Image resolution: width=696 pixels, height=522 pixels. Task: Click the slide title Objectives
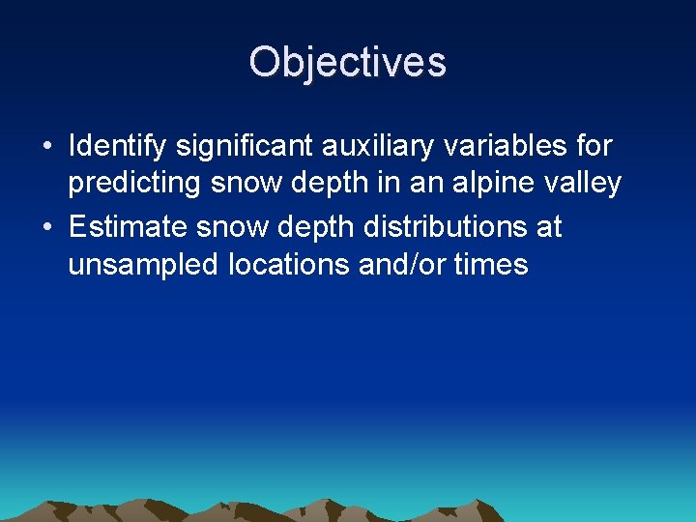pos(347,62)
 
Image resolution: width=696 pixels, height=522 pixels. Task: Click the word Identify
pos(118,146)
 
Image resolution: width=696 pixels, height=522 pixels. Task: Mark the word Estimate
pos(128,227)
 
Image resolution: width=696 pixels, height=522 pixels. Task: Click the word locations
pos(290,264)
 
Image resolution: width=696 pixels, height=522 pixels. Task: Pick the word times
pos(493,264)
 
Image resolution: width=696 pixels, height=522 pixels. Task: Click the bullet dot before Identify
pos(47,147)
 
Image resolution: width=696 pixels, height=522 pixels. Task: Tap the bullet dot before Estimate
pos(47,228)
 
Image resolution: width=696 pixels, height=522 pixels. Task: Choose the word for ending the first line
pos(592,146)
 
